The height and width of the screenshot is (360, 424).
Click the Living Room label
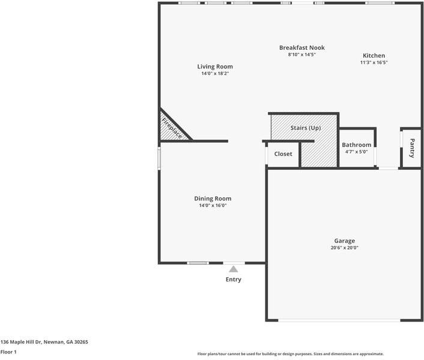pyautogui.click(x=215, y=67)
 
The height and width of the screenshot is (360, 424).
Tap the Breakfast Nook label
pyautogui.click(x=302, y=47)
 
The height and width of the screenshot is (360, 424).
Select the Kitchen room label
pyautogui.click(x=374, y=56)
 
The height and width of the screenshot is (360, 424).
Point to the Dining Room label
pyautogui.click(x=213, y=199)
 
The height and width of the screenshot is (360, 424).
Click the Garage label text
pyautogui.click(x=344, y=241)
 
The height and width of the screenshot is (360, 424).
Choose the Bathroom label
pyautogui.click(x=357, y=145)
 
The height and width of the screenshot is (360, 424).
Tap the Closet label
pyautogui.click(x=283, y=154)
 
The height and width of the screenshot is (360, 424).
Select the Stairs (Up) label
pyautogui.click(x=306, y=128)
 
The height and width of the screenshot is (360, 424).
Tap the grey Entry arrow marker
pyautogui.click(x=233, y=269)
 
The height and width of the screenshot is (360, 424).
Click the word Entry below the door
pyautogui.click(x=234, y=280)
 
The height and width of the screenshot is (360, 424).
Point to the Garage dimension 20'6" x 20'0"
pyautogui.click(x=344, y=248)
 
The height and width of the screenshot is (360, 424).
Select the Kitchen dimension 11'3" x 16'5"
pyautogui.click(x=374, y=62)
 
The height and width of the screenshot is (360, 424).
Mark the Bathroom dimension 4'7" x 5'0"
pyautogui.click(x=357, y=152)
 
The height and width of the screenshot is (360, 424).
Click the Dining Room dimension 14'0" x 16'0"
pyautogui.click(x=213, y=206)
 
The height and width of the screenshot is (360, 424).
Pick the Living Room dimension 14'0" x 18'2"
pyautogui.click(x=215, y=73)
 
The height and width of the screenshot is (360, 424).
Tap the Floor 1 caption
pyautogui.click(x=8, y=352)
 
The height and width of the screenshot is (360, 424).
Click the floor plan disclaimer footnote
pyautogui.click(x=291, y=354)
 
